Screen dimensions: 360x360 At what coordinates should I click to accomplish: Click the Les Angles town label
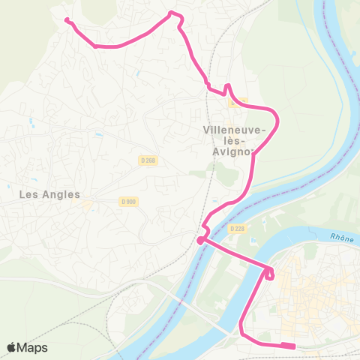(49, 194)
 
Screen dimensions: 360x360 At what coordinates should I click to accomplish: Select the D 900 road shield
(127, 201)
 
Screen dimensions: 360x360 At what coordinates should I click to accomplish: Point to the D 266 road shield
(146, 160)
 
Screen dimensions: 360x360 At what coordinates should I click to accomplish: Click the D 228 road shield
(237, 228)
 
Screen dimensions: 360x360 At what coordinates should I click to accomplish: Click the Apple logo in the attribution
(12, 347)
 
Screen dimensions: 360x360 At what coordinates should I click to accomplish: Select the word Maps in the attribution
(33, 347)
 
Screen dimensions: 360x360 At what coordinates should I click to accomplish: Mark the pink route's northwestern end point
(67, 20)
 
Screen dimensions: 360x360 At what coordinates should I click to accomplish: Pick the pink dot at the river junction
(199, 241)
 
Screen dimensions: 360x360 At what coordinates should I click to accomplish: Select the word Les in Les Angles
(28, 194)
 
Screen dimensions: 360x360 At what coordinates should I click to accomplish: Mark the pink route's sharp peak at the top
(173, 13)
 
